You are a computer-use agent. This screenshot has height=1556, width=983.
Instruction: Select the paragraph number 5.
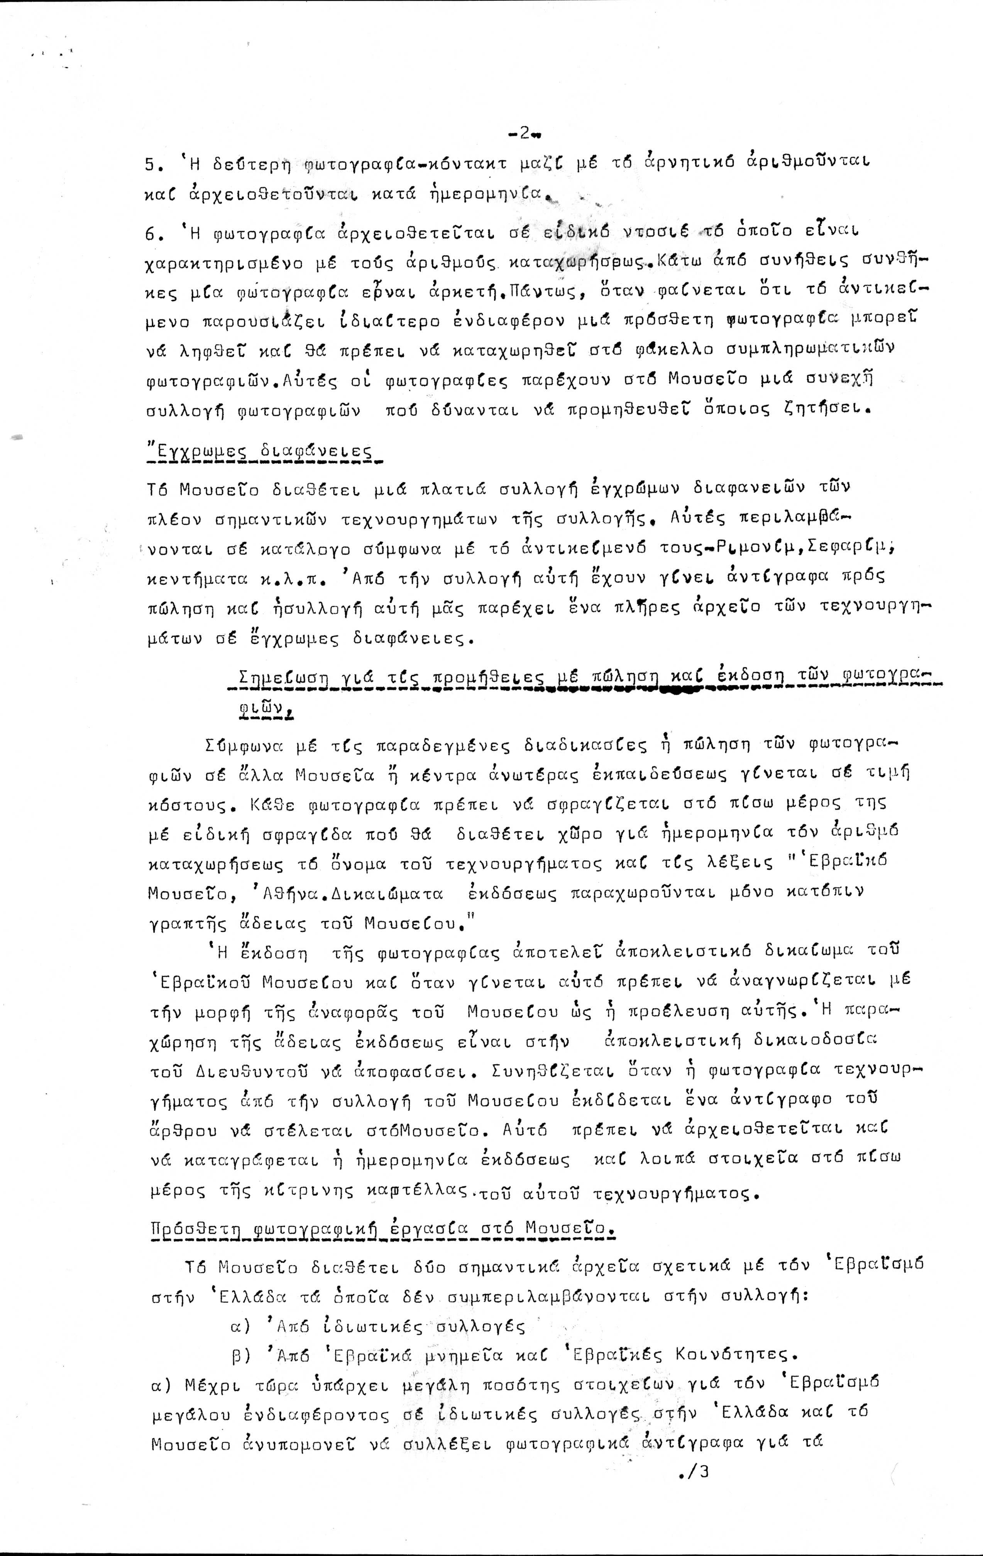(x=151, y=165)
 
